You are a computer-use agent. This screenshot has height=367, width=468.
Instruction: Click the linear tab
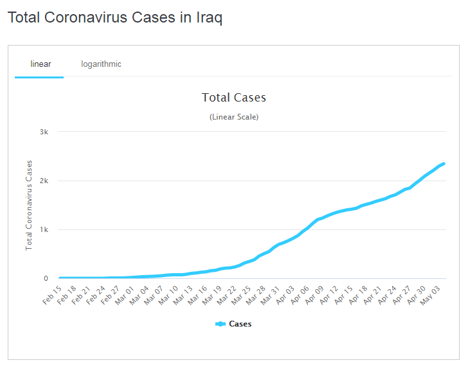40,64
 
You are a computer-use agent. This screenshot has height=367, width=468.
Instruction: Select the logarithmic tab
101,64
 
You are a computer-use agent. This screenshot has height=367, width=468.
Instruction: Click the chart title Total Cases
234,98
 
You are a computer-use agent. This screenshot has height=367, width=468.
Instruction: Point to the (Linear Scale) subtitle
234,117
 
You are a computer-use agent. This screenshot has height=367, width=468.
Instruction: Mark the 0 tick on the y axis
46,278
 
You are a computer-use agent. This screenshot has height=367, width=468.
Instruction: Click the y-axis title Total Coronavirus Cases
29,204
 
